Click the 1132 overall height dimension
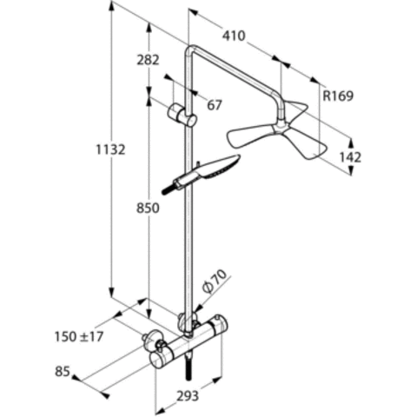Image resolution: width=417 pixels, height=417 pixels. pyautogui.click(x=110, y=149)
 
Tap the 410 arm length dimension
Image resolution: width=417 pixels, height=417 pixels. pyautogui.click(x=234, y=36)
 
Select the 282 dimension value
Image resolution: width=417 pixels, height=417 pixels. pyautogui.click(x=148, y=60)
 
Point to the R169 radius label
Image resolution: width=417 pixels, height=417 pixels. pyautogui.click(x=338, y=96)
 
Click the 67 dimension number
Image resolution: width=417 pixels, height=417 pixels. pyautogui.click(x=215, y=105)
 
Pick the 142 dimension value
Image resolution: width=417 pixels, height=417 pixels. pyautogui.click(x=350, y=157)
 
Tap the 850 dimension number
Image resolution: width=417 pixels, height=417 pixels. pyautogui.click(x=148, y=208)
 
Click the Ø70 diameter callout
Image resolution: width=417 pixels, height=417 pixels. pyautogui.click(x=215, y=281)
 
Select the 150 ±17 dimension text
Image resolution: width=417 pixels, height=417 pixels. pyautogui.click(x=79, y=337)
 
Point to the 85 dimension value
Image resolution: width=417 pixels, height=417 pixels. pyautogui.click(x=63, y=372)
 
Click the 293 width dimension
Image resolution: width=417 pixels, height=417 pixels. pyautogui.click(x=188, y=396)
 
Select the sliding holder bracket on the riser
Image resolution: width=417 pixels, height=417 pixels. pyautogui.click(x=182, y=115)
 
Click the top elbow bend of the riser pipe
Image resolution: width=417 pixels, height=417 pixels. pyautogui.click(x=192, y=51)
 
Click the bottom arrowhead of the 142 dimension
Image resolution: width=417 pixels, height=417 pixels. pyautogui.click(x=351, y=170)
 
